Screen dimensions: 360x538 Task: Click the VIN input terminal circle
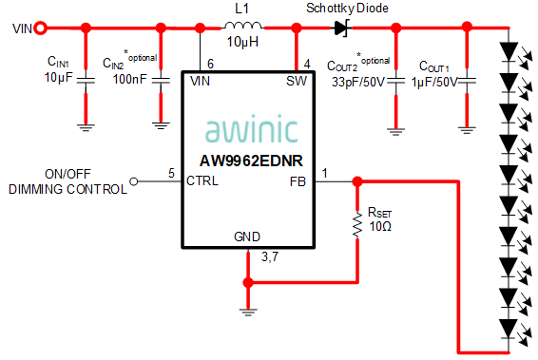[x=40, y=28]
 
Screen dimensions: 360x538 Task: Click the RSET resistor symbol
[x=356, y=224]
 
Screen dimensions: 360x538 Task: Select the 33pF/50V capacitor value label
[x=357, y=82]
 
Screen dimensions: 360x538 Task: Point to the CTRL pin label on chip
[x=203, y=180]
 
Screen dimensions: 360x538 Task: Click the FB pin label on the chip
[x=298, y=180]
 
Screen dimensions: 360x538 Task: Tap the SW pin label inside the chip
[x=297, y=82]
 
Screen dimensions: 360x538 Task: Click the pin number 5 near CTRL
[x=171, y=173]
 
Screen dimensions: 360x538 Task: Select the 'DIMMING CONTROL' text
[x=67, y=189]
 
